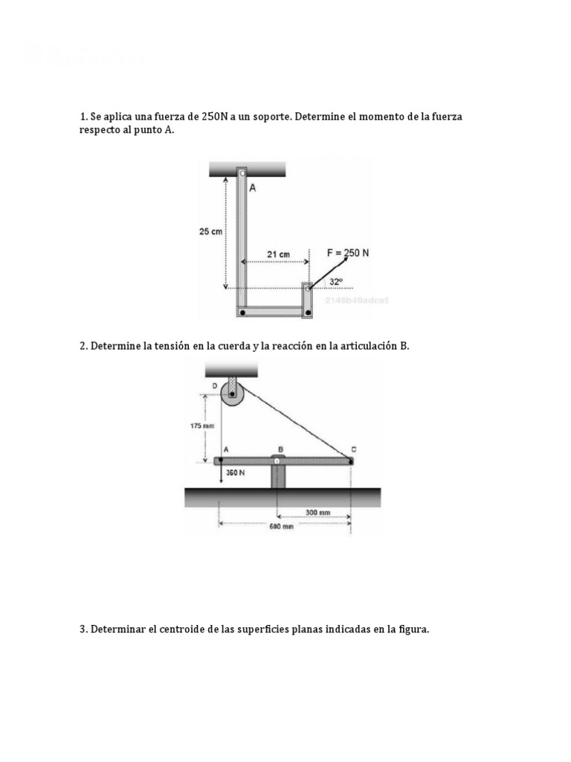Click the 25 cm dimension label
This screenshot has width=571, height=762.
tap(210, 231)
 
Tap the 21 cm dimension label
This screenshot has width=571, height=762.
tap(279, 254)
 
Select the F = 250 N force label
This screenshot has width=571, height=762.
tap(348, 253)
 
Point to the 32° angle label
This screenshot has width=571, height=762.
tap(336, 282)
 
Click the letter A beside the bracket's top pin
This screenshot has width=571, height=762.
tap(253, 188)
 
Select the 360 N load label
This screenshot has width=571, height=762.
tap(236, 473)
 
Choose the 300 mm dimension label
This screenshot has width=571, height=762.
tap(317, 512)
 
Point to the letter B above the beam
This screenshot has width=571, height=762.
tap(280, 449)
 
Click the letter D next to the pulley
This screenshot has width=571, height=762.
tap(215, 385)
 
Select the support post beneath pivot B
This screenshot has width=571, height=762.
tap(278, 477)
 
